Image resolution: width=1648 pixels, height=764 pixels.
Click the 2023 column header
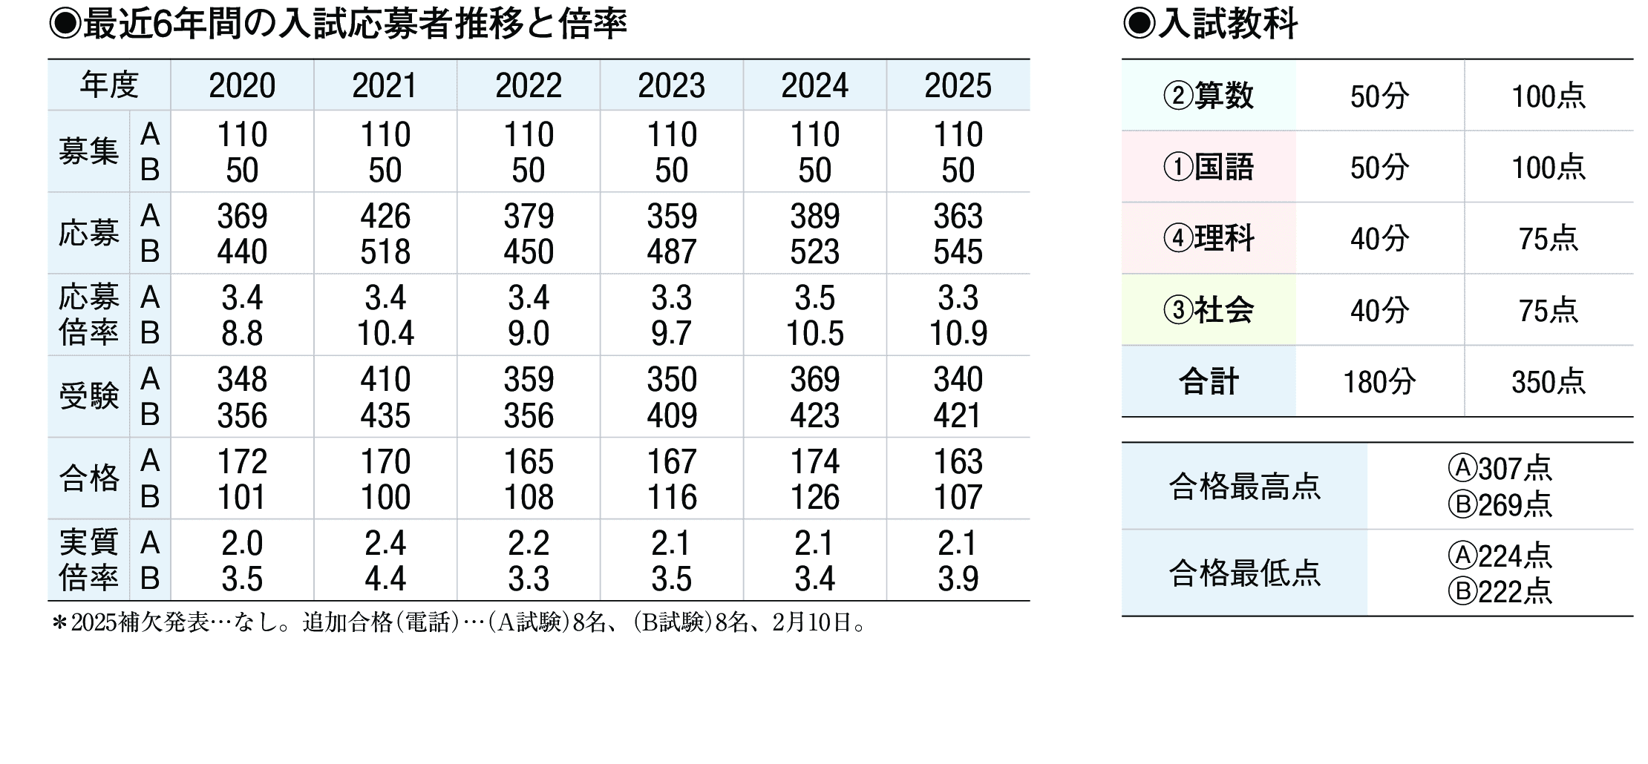(671, 86)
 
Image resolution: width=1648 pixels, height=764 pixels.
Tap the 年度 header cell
(109, 86)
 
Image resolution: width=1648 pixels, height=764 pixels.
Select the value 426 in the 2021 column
(385, 217)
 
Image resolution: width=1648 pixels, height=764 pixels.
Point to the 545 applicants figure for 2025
(958, 252)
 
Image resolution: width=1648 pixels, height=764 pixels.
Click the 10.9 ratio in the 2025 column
(958, 334)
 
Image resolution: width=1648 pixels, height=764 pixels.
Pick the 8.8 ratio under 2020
(242, 334)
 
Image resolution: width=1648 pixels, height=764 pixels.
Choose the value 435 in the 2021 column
(385, 415)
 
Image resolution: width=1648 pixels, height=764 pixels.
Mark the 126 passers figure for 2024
(814, 497)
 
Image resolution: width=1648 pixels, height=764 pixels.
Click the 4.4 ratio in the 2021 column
(385, 579)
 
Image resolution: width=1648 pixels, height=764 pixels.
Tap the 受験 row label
(89, 397)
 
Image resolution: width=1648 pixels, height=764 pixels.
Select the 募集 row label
(89, 152)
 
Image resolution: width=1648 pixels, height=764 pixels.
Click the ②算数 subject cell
(1209, 96)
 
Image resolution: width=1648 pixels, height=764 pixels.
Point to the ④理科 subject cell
(1209, 239)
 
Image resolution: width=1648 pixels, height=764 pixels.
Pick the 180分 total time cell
(1379, 382)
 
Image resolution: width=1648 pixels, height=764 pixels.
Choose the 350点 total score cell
(1548, 382)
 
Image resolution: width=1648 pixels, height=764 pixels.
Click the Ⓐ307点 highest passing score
(1500, 469)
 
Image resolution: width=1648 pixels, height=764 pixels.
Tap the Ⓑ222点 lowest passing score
(1500, 592)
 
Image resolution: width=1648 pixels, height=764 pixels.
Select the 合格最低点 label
(1244, 573)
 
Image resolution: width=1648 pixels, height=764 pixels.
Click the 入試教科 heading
(1226, 24)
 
